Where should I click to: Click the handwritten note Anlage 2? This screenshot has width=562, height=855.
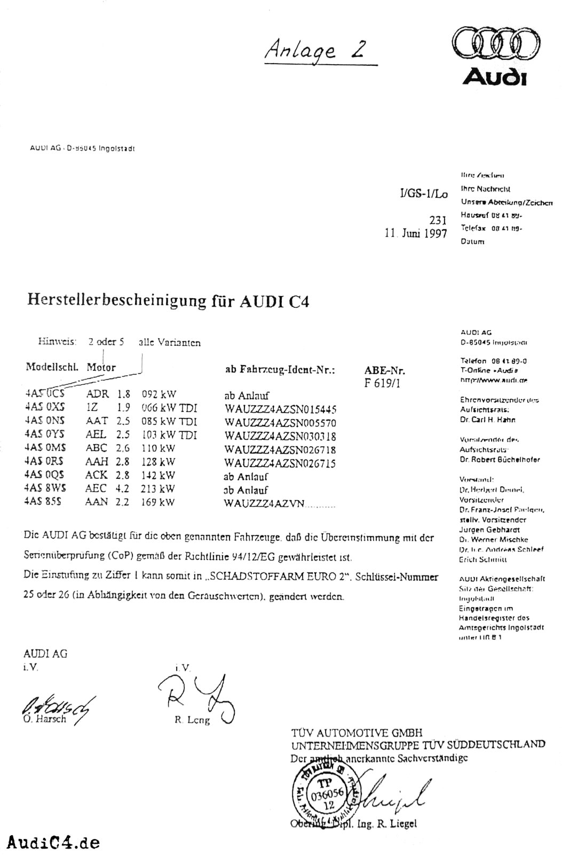(315, 50)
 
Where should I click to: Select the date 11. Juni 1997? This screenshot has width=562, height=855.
(416, 234)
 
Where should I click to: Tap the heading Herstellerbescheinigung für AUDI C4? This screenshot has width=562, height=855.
(168, 301)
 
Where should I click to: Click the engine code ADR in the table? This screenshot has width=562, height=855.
(97, 395)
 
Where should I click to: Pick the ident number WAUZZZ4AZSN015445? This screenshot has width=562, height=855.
(280, 409)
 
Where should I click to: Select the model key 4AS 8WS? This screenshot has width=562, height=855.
(44, 488)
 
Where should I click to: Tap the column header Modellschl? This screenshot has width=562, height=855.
(52, 368)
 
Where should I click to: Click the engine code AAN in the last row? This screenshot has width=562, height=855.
(97, 502)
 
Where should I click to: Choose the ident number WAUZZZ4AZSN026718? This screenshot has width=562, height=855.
(280, 450)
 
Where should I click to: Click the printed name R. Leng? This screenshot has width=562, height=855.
(192, 720)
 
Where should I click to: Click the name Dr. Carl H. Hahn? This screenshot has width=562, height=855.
(487, 419)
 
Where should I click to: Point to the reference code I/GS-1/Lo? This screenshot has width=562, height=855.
(420, 194)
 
